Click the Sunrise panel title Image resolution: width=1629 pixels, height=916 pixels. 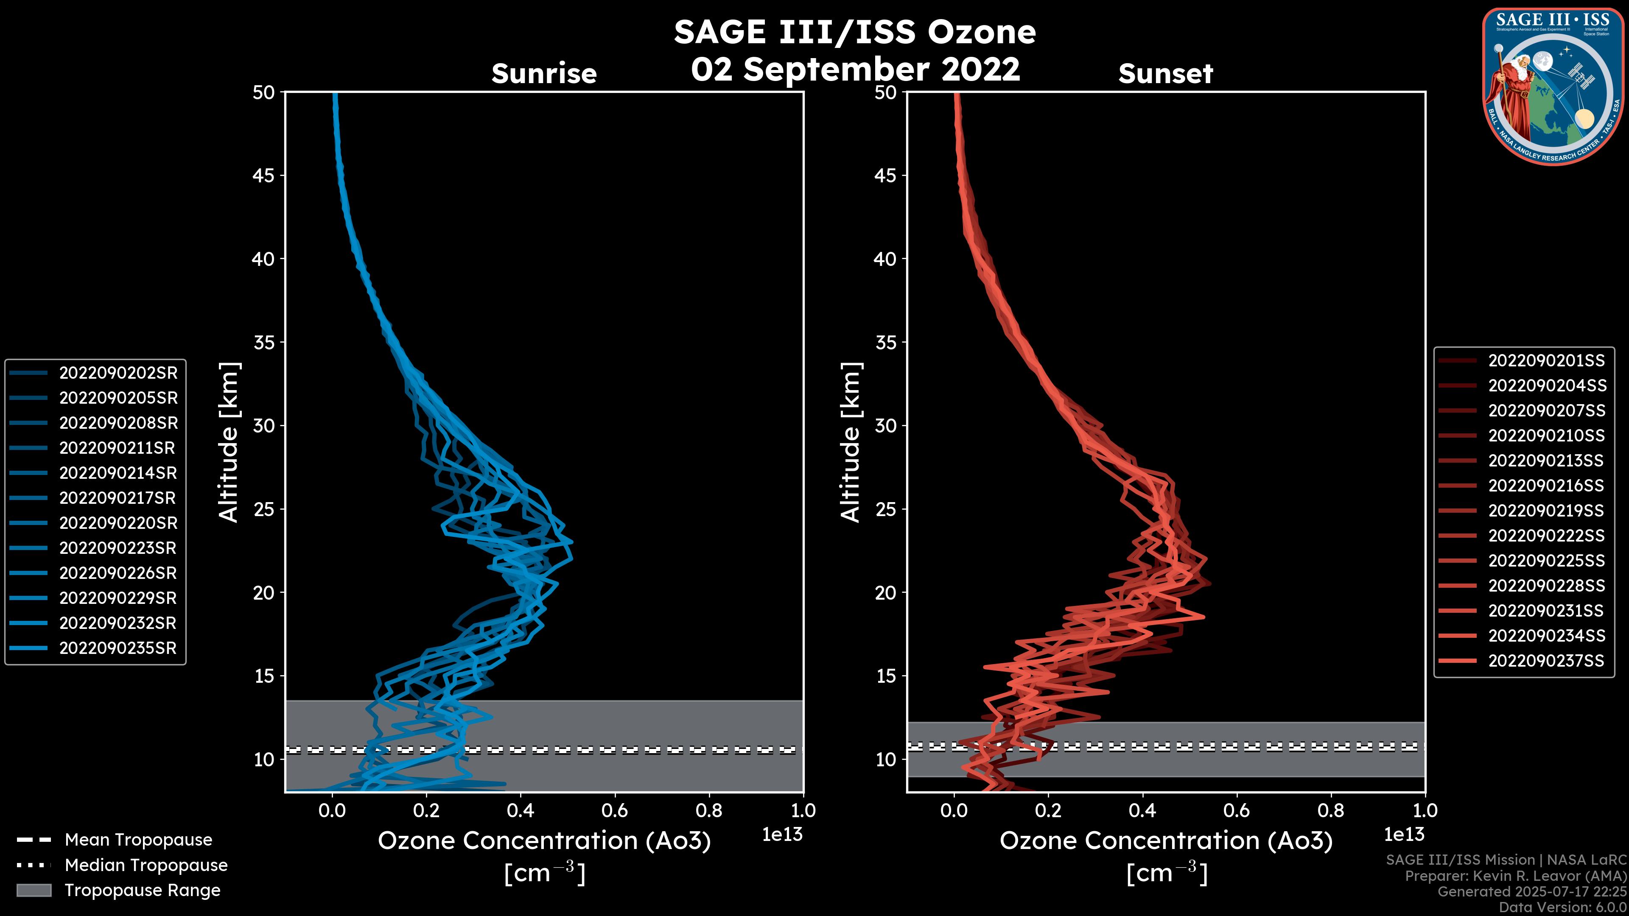pyautogui.click(x=544, y=74)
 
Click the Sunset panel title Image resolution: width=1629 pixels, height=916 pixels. pyautogui.click(x=1165, y=74)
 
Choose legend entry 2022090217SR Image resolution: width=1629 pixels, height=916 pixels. pyautogui.click(x=118, y=498)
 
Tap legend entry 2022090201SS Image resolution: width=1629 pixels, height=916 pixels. pyautogui.click(x=1546, y=360)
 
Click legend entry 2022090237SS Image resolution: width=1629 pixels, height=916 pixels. pyautogui.click(x=1546, y=661)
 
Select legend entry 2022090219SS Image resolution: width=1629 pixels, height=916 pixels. pyautogui.click(x=1546, y=511)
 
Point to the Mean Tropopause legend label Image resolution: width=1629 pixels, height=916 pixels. pyautogui.click(x=138, y=840)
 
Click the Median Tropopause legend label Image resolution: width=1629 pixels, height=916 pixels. pyautogui.click(x=146, y=866)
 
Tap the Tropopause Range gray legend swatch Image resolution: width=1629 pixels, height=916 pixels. pyautogui.click(x=34, y=890)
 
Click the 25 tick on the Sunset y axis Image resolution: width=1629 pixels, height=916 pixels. pyautogui.click(x=885, y=509)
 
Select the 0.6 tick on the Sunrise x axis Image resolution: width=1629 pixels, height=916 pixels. pyautogui.click(x=615, y=810)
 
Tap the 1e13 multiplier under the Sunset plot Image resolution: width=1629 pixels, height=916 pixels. pyautogui.click(x=1404, y=835)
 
